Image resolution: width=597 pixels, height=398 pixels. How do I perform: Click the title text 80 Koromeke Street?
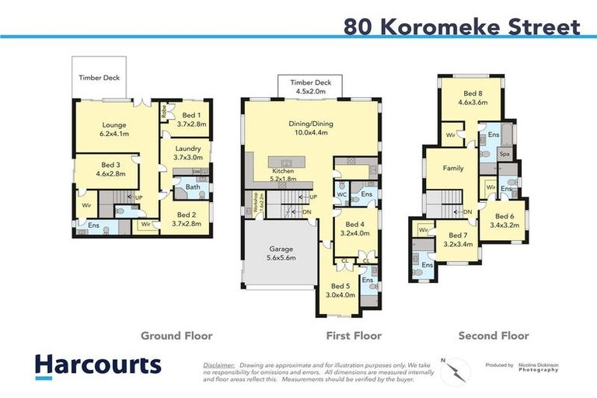pos(462,27)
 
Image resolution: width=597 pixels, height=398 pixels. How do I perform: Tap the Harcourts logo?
pos(97,365)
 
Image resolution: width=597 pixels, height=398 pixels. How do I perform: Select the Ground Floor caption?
pos(176,336)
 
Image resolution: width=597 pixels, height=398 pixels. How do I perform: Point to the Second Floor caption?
pos(493,336)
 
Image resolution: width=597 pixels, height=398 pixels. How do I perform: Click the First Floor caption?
pos(354,336)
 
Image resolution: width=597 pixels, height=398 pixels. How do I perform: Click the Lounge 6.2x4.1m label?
pos(114,129)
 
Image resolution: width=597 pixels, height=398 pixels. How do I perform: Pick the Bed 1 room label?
pos(190,119)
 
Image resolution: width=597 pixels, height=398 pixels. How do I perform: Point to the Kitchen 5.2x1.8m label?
pos(282,174)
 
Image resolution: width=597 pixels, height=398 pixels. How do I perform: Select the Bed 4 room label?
pos(354,229)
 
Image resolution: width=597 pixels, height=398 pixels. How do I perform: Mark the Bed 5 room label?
pos(340,291)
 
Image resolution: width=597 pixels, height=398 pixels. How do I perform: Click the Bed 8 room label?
pos(473,98)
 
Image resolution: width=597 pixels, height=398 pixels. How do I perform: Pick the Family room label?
pos(453,168)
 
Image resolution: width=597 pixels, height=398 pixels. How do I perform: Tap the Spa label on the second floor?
pos(504,154)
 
